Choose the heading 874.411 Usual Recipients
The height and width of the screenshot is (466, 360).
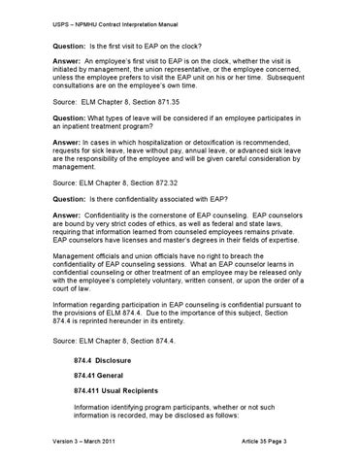[x=121, y=394]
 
